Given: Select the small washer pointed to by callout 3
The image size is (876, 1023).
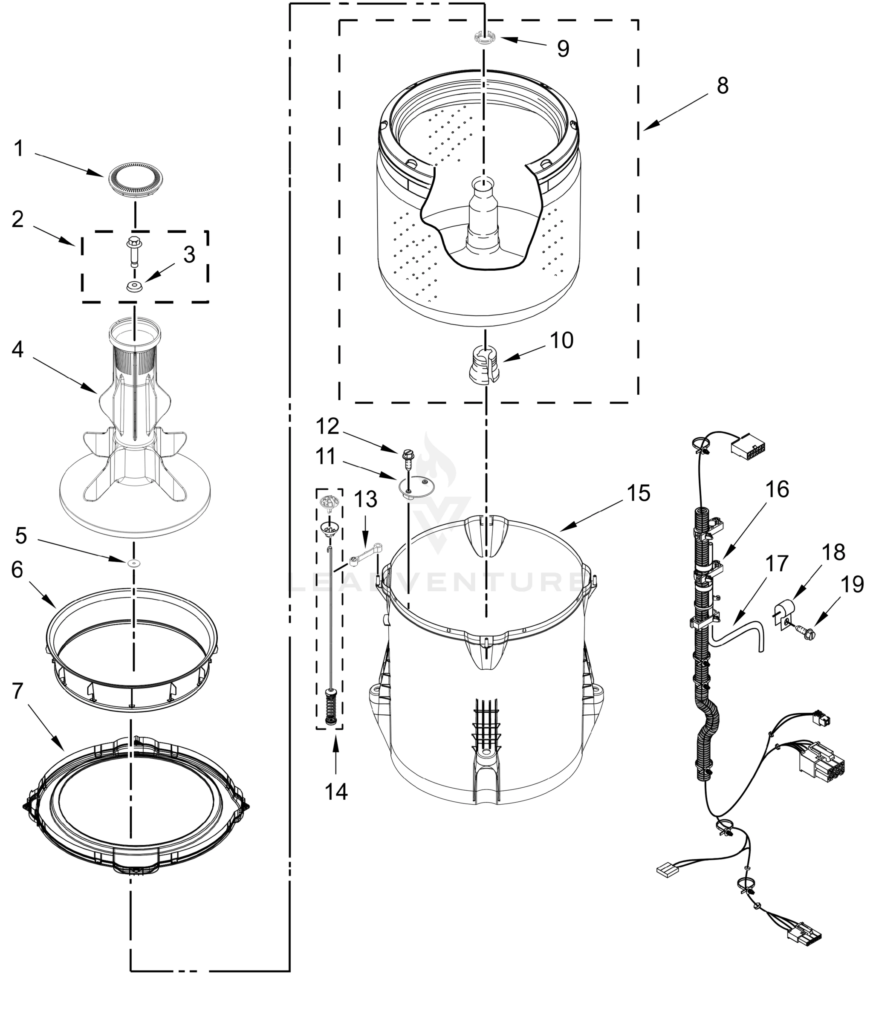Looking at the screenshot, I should click(133, 286).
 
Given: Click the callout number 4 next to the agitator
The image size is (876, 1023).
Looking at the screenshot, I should click(18, 350).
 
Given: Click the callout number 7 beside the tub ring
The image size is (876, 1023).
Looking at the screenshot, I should click(18, 691).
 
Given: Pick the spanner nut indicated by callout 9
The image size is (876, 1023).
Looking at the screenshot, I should click(484, 38).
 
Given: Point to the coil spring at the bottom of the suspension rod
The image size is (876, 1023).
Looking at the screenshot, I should click(330, 708).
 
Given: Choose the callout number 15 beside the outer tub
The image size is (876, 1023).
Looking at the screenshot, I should click(639, 493).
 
